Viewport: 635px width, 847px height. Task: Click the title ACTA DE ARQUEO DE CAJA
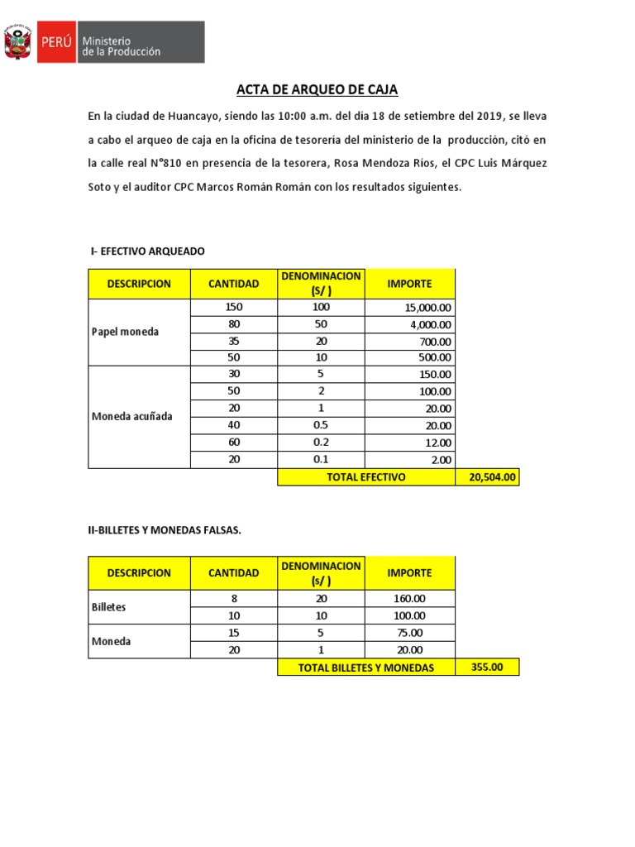click(317, 89)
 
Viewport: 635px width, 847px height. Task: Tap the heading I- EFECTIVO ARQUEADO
click(147, 251)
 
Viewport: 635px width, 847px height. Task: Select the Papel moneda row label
click(124, 332)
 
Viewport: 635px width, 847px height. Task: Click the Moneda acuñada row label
click(131, 416)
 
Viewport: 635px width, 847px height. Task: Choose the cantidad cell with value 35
click(233, 340)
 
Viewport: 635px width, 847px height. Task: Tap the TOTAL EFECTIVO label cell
click(365, 477)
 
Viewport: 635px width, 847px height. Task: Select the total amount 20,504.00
click(487, 477)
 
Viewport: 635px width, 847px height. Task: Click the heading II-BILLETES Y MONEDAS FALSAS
click(165, 529)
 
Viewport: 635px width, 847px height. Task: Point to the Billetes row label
click(108, 606)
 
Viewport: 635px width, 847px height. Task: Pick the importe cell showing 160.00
click(410, 598)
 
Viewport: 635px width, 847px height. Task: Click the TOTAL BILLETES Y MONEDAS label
click(365, 667)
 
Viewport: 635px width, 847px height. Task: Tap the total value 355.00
click(487, 667)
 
